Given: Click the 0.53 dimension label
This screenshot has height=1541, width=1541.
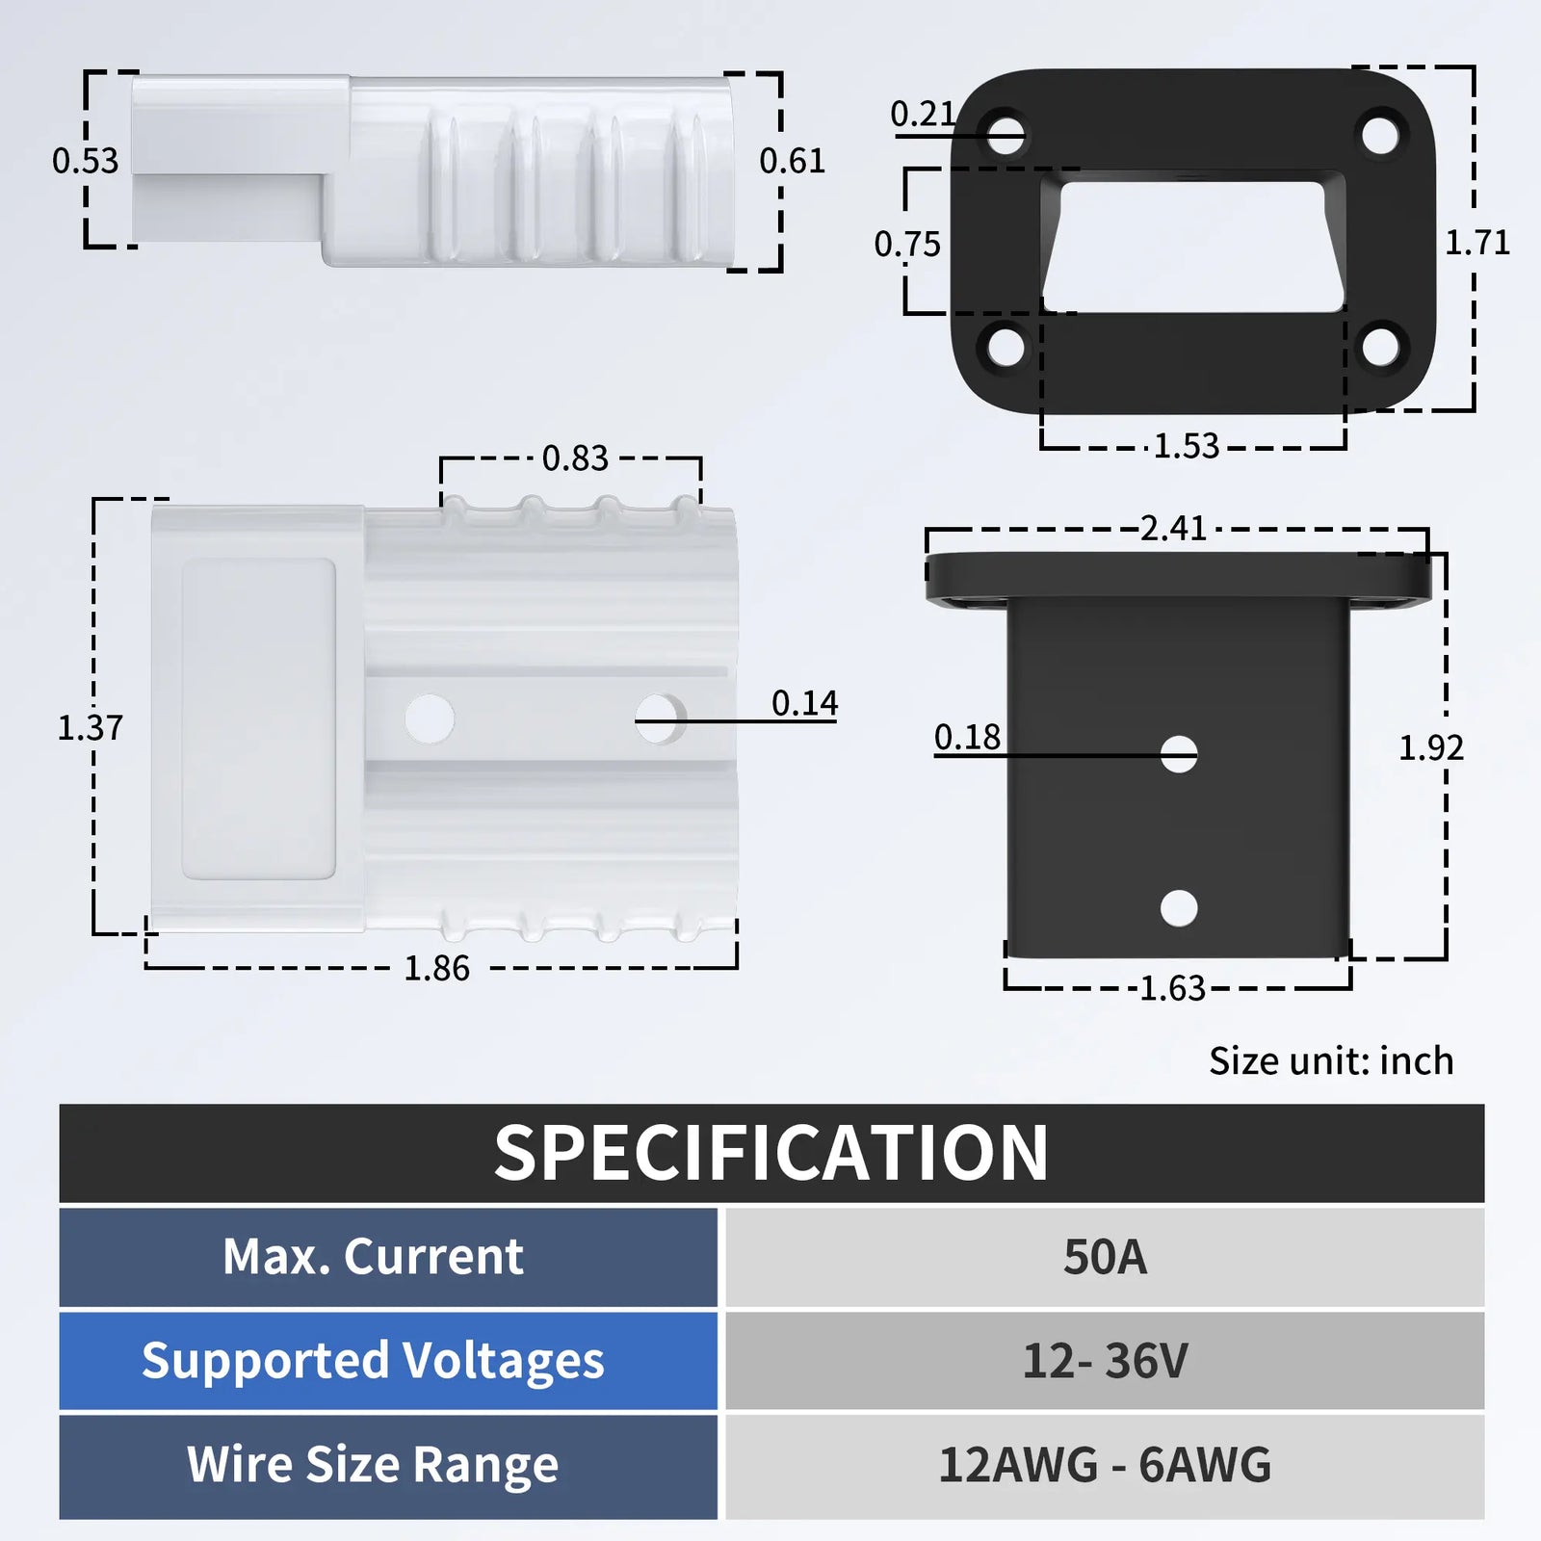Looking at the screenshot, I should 85,161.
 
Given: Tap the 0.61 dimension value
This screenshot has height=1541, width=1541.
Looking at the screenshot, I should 792,161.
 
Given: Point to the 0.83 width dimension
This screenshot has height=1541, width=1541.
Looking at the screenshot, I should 575,458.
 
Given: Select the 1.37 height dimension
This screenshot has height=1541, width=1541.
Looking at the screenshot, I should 91,727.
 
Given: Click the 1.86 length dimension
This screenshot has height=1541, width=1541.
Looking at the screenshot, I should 436,968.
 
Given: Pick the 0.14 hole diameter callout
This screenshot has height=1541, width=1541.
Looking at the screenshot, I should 804,703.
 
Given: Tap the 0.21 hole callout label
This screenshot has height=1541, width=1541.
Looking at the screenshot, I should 922,115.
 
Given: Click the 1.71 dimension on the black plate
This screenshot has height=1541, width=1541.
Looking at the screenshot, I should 1476,243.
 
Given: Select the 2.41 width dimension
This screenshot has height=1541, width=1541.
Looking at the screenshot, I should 1173,528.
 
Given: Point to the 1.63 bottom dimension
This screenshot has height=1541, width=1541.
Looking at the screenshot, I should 1172,988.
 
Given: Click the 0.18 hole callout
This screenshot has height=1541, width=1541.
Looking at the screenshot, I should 967,737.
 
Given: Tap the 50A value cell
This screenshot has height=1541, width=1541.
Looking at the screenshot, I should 1105,1257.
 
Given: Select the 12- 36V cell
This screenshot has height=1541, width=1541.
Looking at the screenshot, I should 1105,1361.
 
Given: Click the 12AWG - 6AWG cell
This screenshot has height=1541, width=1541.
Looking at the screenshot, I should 1105,1465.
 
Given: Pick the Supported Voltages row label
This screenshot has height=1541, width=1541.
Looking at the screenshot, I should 374,1361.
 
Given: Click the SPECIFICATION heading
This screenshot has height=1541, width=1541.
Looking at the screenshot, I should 770,1153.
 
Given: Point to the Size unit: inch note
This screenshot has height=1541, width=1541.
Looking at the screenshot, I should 1331,1060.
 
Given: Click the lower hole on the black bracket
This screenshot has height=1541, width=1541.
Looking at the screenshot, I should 1179,907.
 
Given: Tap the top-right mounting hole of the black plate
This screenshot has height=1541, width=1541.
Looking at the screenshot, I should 1380,134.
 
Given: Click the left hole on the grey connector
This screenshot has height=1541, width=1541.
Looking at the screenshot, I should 430,718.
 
